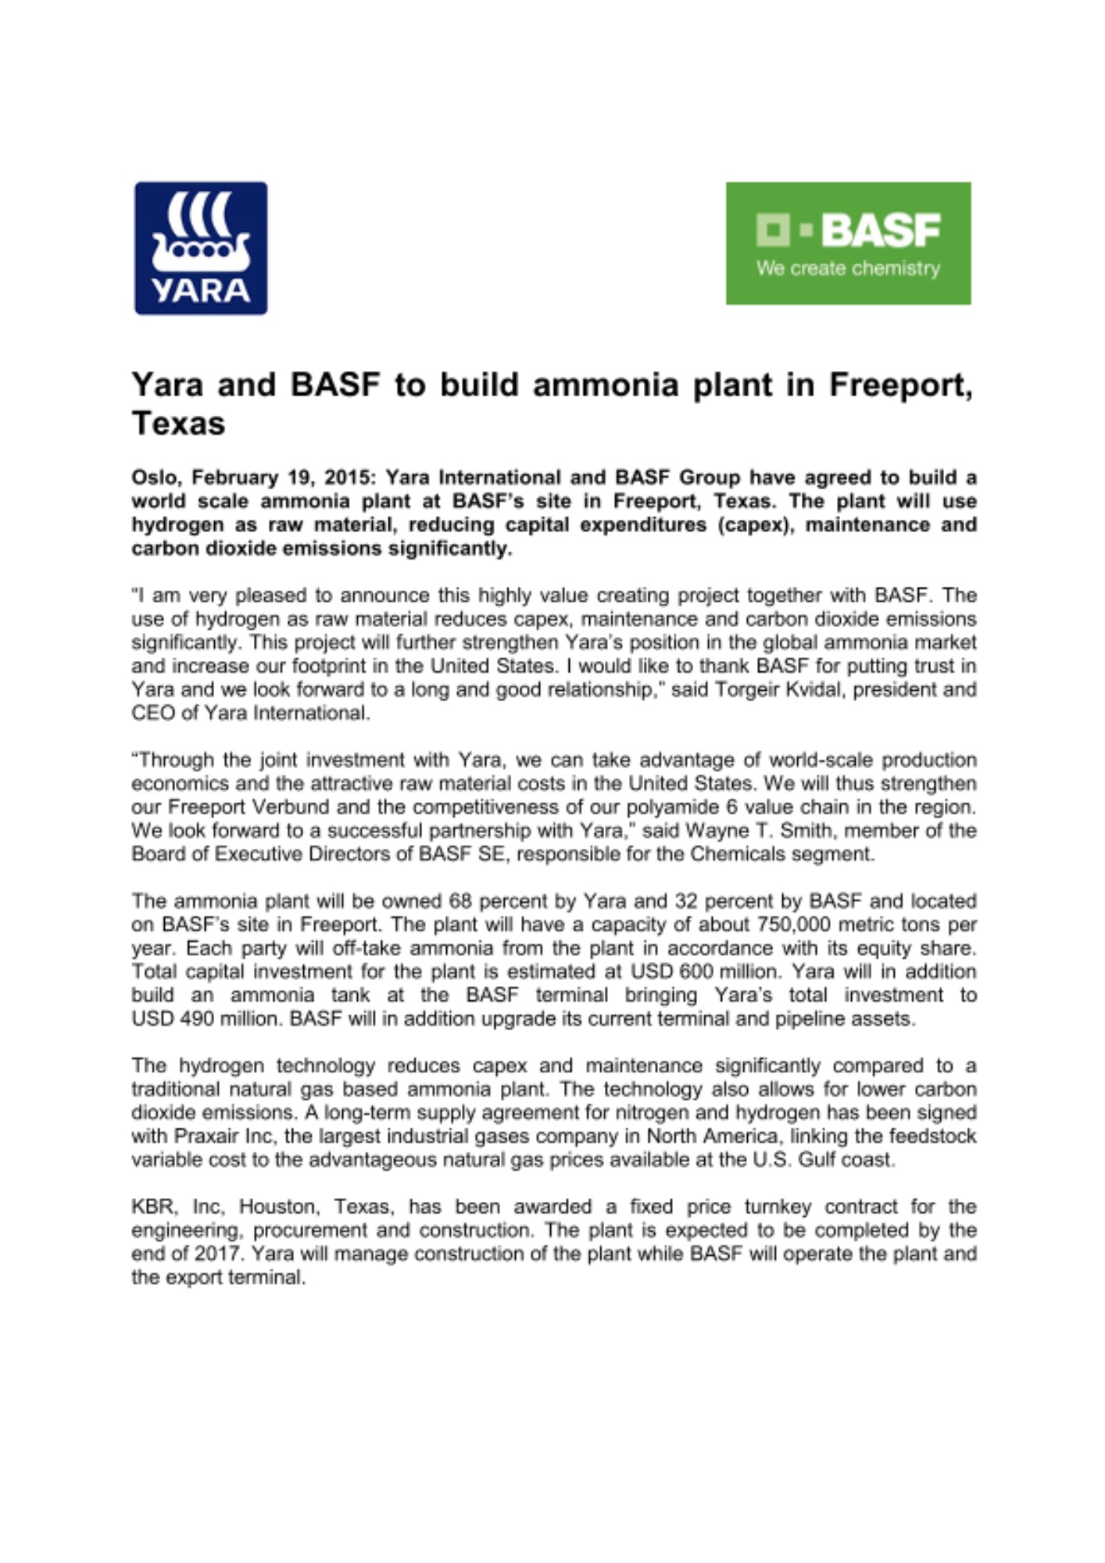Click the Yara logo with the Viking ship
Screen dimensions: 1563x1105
tap(201, 249)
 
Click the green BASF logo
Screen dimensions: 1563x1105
tap(848, 243)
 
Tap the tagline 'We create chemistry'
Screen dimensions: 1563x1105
tap(848, 269)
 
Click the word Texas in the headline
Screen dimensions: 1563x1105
tap(178, 424)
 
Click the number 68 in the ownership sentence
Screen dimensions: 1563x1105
tap(460, 901)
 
